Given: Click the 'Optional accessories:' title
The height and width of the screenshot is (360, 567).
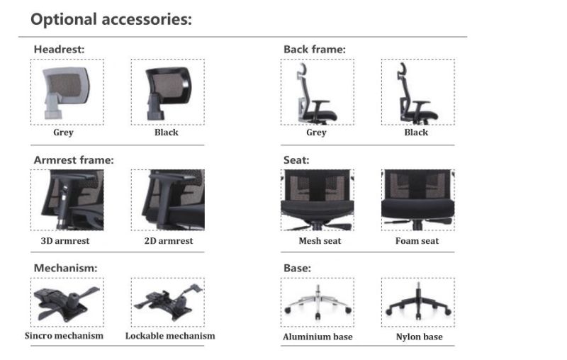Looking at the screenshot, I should [111, 19].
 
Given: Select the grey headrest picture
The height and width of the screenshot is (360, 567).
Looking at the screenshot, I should [67, 91].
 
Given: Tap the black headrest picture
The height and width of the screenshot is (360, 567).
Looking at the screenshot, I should [167, 91].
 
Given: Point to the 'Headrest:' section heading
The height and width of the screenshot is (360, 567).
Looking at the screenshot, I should [60, 50].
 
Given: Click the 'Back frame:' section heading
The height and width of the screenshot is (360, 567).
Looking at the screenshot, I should [314, 50].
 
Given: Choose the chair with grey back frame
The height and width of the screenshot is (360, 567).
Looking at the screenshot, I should [316, 91].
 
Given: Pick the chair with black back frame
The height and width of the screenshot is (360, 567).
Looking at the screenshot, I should [417, 91].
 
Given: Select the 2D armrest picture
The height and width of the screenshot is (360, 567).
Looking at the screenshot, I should [167, 200].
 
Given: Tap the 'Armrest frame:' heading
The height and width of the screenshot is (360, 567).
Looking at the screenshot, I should [74, 160].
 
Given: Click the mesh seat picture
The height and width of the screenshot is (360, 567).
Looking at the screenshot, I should [316, 200].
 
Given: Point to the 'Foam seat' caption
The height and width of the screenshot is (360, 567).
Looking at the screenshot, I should [417, 241].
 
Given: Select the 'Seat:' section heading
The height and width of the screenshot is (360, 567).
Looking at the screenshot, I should [296, 160].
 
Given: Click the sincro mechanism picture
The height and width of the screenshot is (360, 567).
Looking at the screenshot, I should [67, 302].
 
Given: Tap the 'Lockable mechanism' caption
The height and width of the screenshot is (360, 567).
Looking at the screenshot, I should [170, 335].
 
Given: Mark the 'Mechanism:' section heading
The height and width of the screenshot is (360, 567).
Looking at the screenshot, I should [66, 268].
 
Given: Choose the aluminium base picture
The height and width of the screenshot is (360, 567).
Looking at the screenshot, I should [316, 302].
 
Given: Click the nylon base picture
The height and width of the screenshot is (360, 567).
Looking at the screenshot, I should [417, 302].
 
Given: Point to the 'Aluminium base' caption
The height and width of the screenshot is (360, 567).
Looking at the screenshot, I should [318, 337].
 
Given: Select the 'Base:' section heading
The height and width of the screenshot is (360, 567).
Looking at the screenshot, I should [297, 268].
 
